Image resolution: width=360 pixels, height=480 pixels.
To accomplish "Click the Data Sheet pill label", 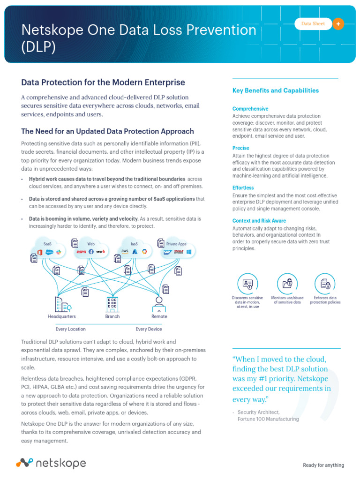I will (x=313, y=24).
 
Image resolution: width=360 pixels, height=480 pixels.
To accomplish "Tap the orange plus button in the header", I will (x=338, y=24).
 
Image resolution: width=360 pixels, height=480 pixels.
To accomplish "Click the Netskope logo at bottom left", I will (x=51, y=463).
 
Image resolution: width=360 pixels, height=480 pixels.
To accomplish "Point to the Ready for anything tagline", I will (x=323, y=465).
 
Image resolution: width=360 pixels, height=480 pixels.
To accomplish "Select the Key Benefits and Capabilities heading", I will (x=276, y=90).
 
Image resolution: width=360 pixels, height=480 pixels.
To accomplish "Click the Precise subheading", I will (x=241, y=148).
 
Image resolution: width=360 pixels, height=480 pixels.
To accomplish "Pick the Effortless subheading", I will (x=243, y=188).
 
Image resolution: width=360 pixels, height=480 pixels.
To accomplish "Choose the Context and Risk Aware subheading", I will (x=259, y=221).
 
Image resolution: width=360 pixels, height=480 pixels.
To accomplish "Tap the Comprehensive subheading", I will (x=250, y=109).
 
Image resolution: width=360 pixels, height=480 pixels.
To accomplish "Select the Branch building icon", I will (x=112, y=304).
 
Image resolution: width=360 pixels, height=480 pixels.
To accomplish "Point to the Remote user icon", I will (x=159, y=304).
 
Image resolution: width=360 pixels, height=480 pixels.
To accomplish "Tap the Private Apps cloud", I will (x=176, y=249).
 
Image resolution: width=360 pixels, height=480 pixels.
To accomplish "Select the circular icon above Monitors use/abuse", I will (x=287, y=284).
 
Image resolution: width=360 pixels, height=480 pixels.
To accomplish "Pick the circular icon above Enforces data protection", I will (x=325, y=284).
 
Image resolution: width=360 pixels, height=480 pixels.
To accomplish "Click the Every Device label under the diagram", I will (x=149, y=329).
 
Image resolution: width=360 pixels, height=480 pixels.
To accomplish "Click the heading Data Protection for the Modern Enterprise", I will (x=103, y=82).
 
